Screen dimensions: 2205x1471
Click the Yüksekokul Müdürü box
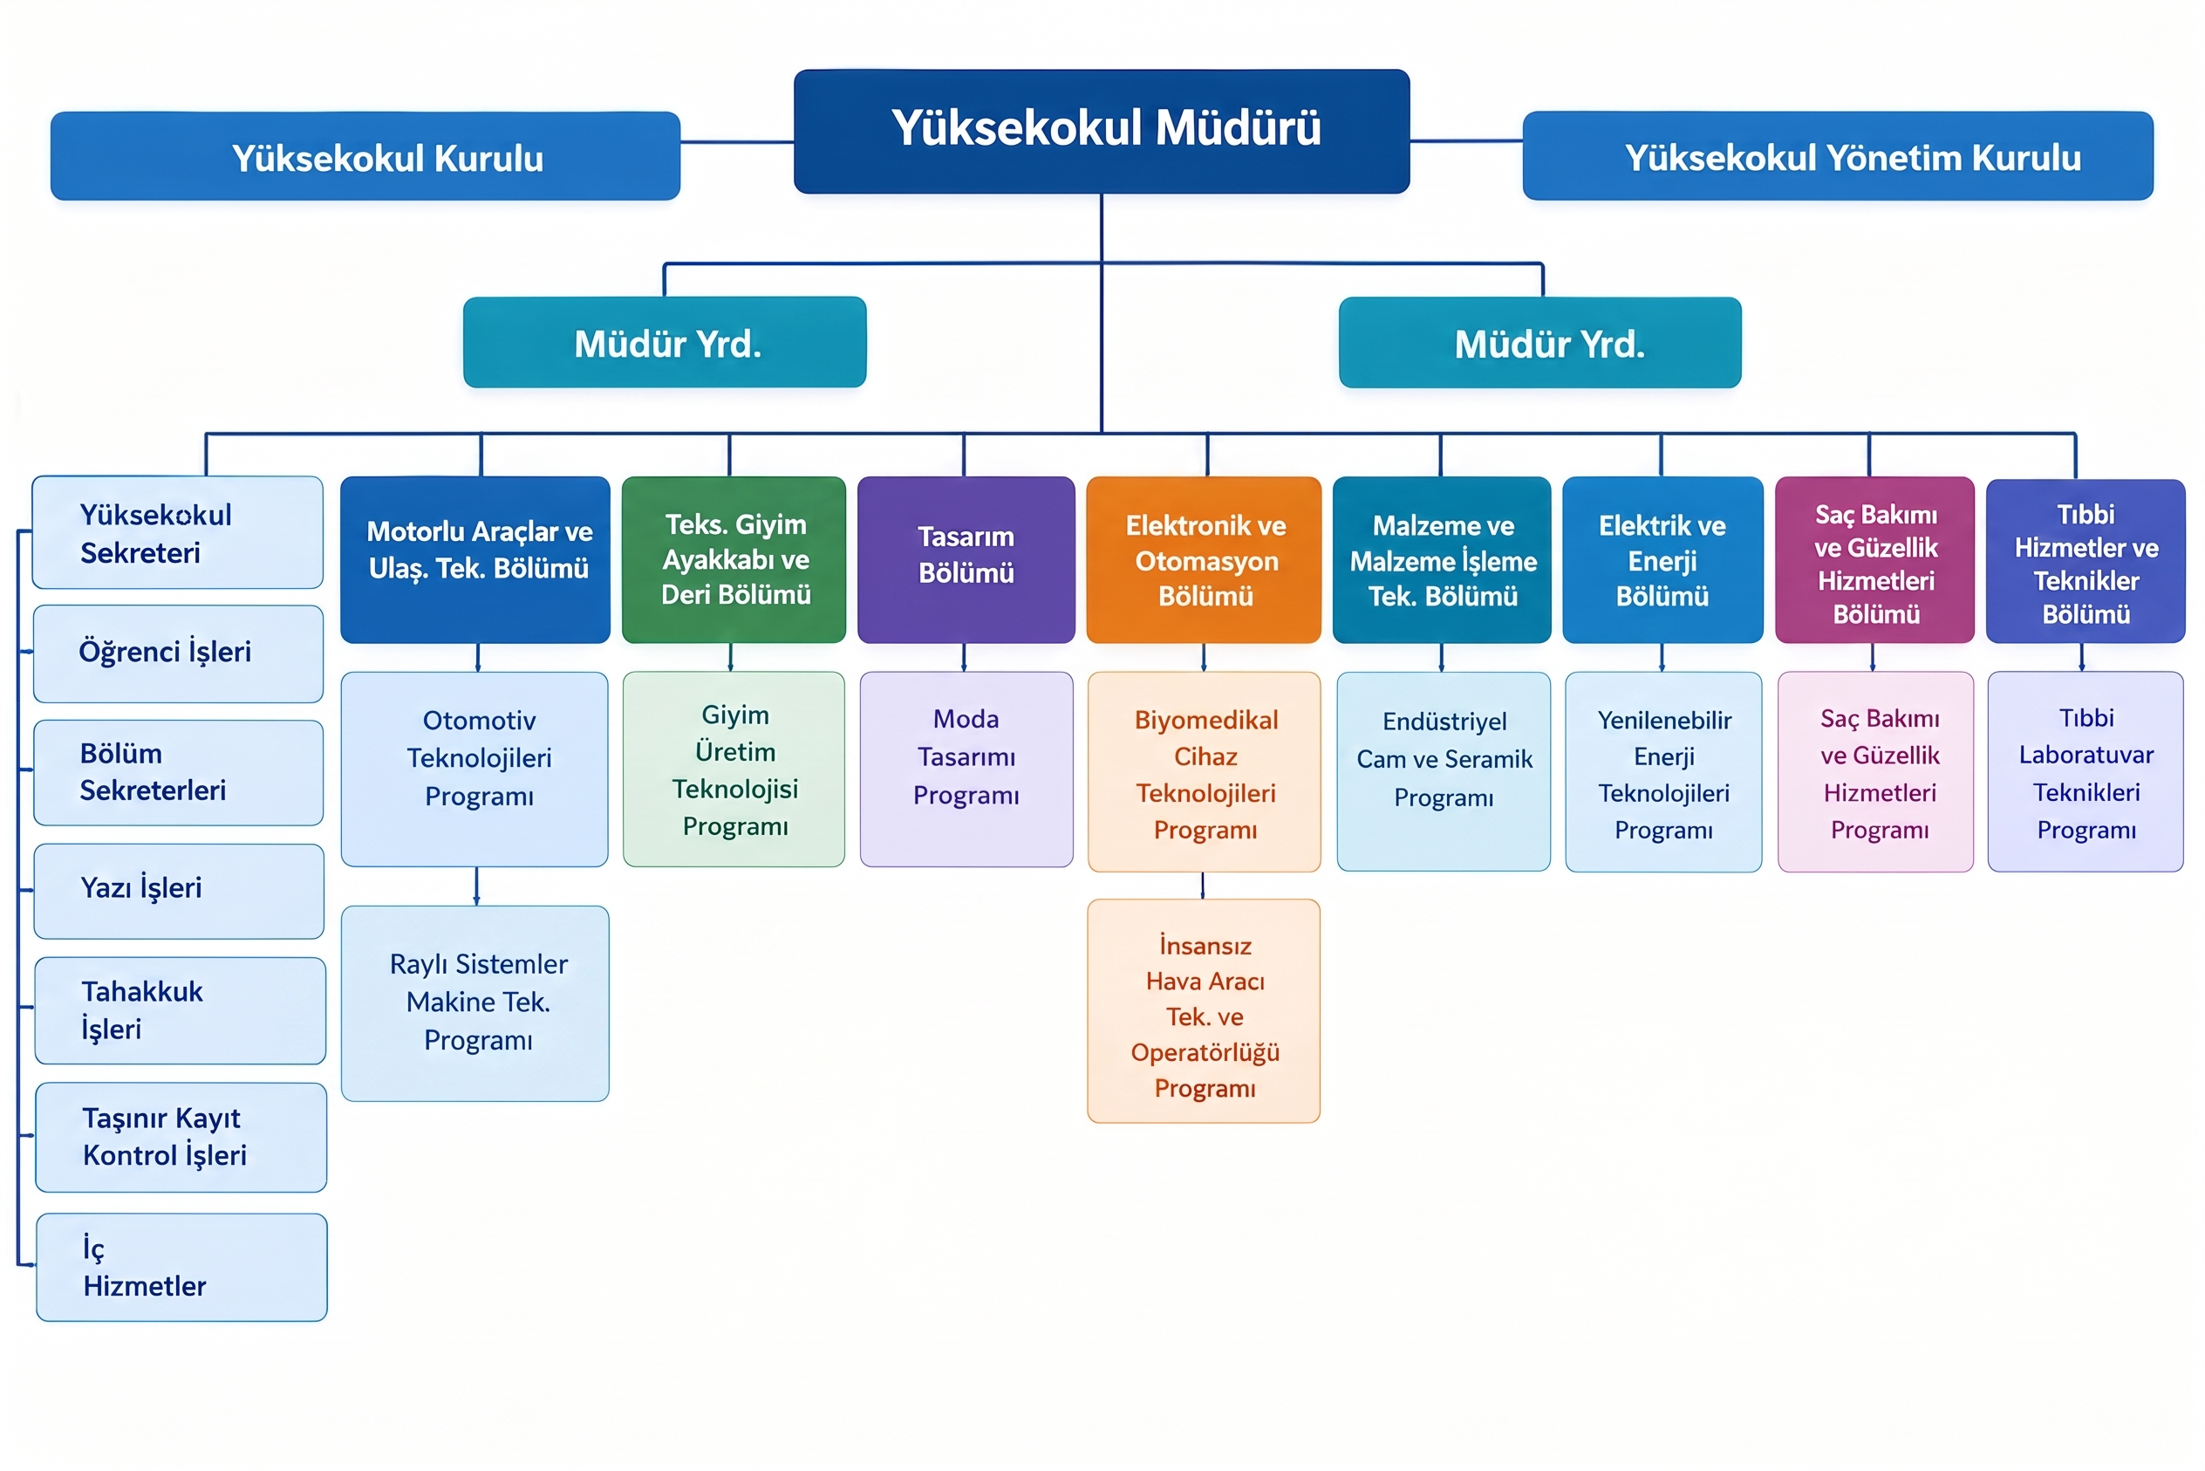1101,132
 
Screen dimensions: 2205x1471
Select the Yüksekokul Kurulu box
365,155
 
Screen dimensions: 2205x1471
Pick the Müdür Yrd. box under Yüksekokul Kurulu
665,342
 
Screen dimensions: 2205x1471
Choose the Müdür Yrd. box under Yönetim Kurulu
1540,342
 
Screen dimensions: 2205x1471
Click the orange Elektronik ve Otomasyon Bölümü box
1205,560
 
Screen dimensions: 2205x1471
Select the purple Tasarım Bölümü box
966,560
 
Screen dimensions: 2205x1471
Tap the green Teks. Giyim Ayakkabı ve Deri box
734,560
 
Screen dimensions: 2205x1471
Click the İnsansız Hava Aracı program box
1205,1011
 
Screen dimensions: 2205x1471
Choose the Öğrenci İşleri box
178,653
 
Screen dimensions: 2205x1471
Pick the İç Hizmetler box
182,1268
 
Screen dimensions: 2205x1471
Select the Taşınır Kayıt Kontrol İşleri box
181,1137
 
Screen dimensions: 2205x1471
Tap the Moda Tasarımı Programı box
966,770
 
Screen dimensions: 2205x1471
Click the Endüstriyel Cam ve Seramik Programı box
1444,771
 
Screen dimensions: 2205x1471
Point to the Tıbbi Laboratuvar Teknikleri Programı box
2086,771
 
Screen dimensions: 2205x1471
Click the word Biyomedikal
1206,720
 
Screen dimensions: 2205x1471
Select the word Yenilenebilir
1665,720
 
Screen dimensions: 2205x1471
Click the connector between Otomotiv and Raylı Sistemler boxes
476,886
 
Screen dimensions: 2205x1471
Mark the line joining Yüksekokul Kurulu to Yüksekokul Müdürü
737,141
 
